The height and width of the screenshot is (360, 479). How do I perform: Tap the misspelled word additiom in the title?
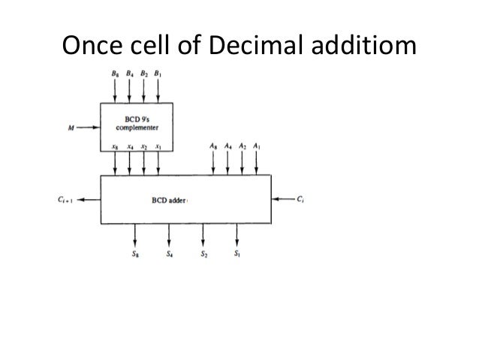pos(360,48)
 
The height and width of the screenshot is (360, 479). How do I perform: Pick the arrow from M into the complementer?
pos(88,128)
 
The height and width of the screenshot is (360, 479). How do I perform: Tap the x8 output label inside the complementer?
pos(115,147)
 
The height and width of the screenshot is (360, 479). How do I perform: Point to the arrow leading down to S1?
pos(237,235)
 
